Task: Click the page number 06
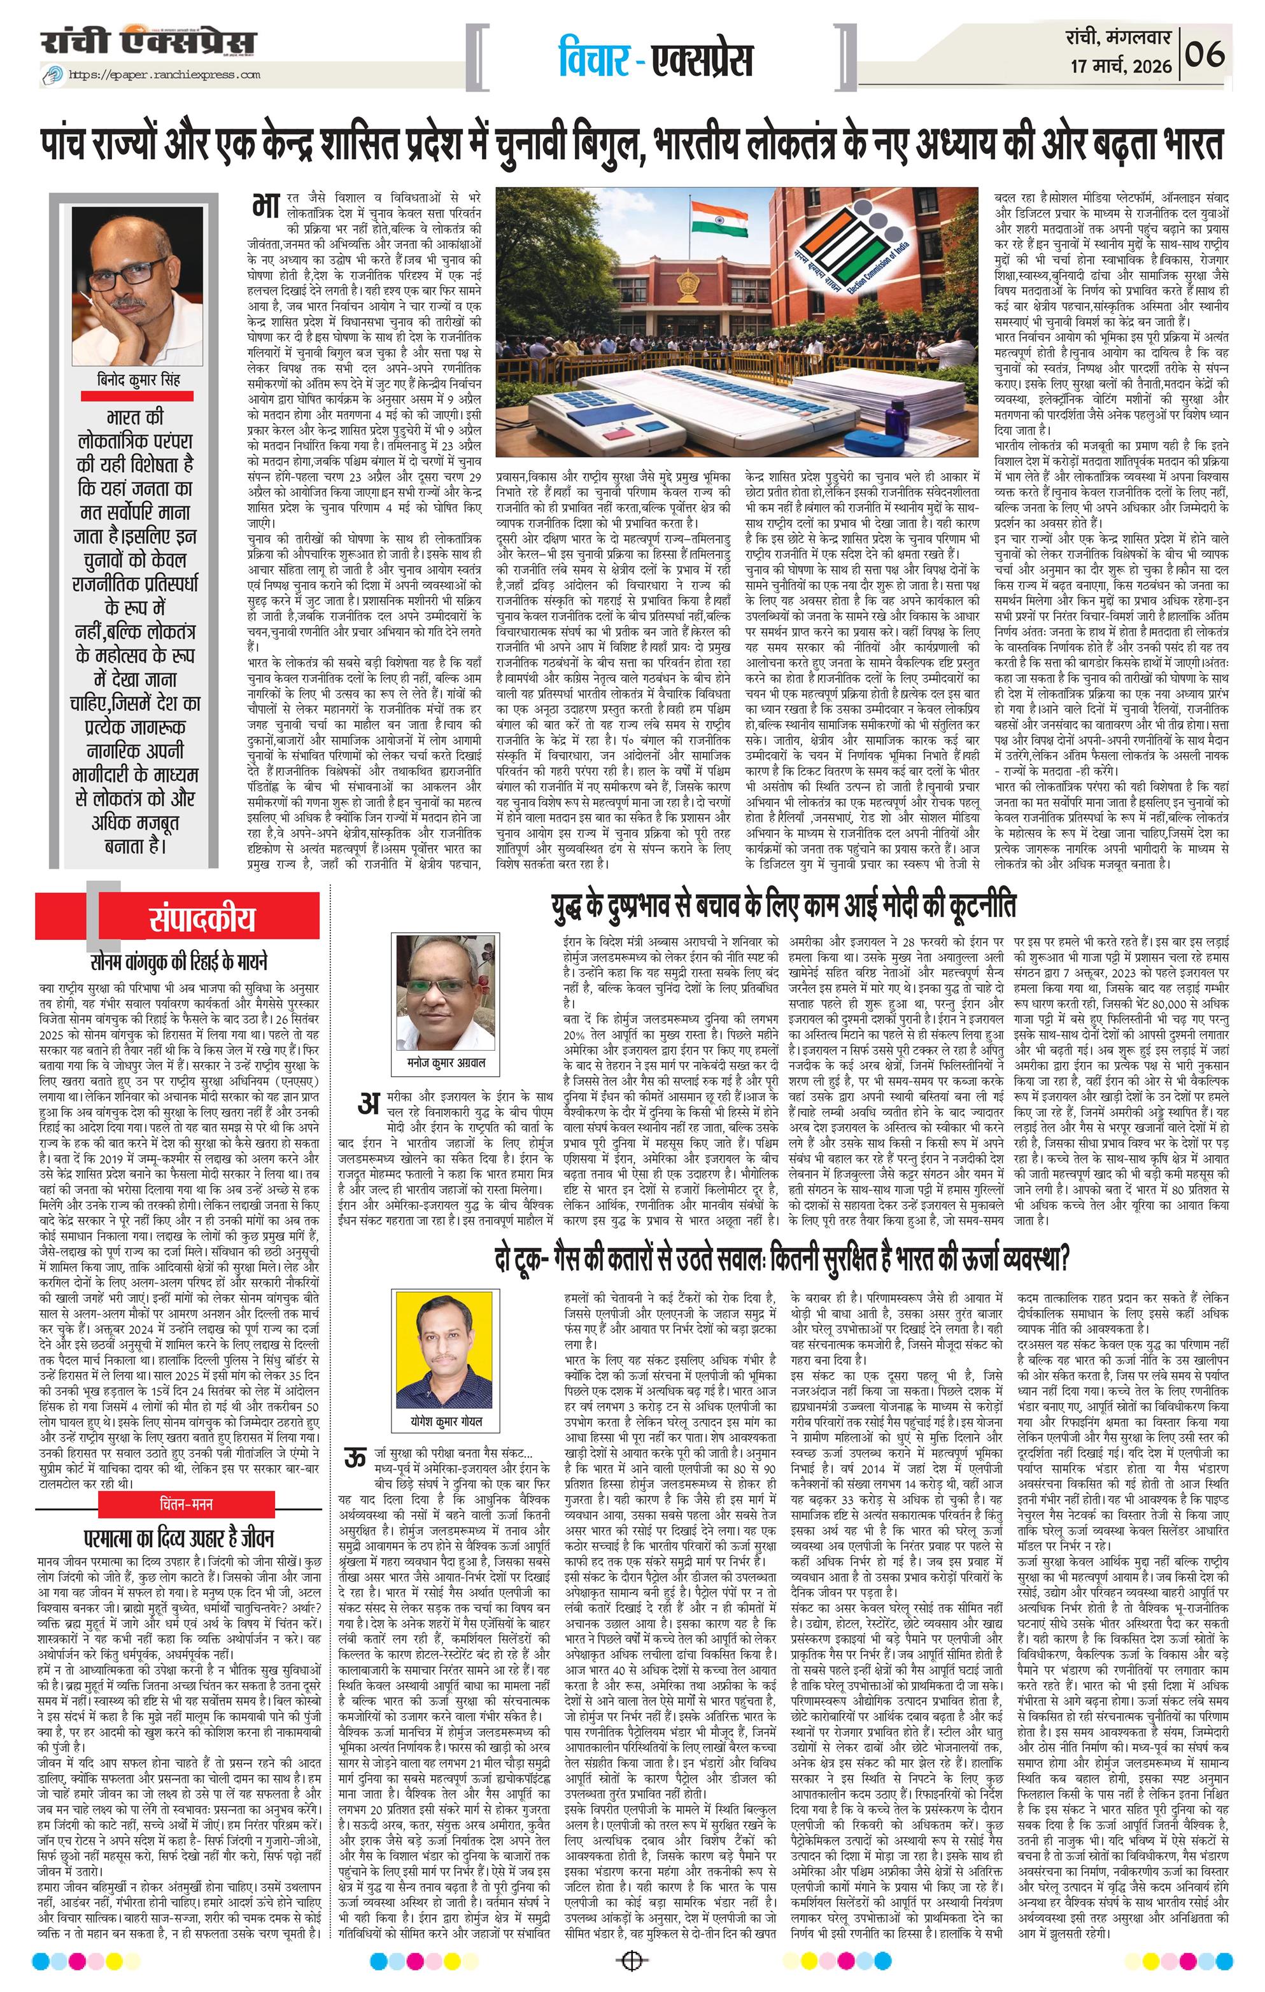pyautogui.click(x=1219, y=56)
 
